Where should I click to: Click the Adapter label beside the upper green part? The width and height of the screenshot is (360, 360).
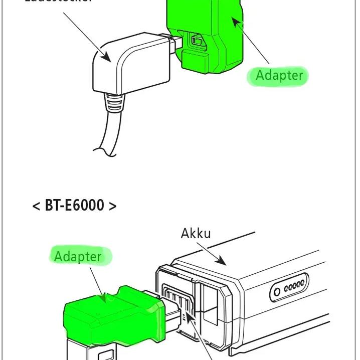click(x=279, y=76)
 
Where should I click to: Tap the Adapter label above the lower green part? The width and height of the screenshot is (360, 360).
click(x=78, y=257)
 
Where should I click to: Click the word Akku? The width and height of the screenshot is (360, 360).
click(x=196, y=233)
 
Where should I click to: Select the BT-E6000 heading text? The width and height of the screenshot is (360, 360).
click(x=75, y=206)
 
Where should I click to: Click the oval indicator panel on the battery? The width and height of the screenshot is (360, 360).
click(x=289, y=288)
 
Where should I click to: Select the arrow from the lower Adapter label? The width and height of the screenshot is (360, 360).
click(x=97, y=283)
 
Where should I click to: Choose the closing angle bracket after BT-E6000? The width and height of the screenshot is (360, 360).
click(x=112, y=206)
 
